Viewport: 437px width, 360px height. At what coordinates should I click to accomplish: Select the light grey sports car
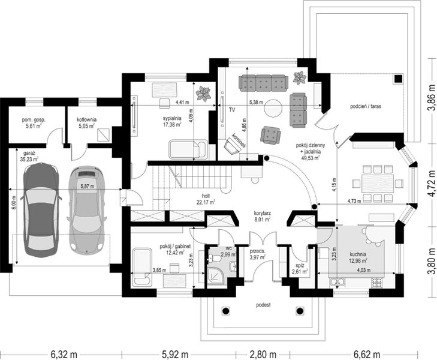click(x=87, y=210)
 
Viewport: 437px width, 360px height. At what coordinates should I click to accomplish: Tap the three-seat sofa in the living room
click(x=263, y=83)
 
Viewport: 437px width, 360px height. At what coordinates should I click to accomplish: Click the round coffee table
click(x=273, y=107)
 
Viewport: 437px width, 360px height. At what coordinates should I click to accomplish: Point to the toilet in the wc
click(x=214, y=259)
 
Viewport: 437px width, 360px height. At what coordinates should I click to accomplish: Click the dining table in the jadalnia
click(x=378, y=183)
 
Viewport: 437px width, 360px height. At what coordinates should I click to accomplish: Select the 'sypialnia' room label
click(x=172, y=118)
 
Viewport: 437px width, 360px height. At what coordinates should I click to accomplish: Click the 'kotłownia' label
click(x=87, y=119)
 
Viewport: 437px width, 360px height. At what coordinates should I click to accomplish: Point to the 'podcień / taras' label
click(x=366, y=106)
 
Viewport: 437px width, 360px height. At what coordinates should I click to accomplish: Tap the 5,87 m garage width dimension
click(x=88, y=186)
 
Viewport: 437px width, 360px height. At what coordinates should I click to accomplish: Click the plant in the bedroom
click(x=203, y=94)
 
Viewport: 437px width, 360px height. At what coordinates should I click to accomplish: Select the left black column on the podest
click(x=226, y=310)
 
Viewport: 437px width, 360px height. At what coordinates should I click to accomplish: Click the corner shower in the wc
click(x=215, y=276)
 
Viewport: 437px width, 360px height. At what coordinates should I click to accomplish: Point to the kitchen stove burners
click(x=378, y=283)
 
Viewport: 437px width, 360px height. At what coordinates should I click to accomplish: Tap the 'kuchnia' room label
click(x=358, y=254)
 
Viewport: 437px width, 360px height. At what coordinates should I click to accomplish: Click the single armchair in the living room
click(x=270, y=135)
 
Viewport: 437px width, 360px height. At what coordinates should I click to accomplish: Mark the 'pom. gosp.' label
click(x=34, y=120)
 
